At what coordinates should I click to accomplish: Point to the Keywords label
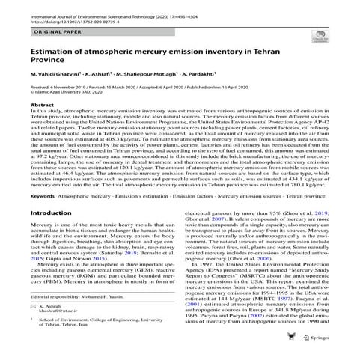pyautogui.click(x=44, y=201)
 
